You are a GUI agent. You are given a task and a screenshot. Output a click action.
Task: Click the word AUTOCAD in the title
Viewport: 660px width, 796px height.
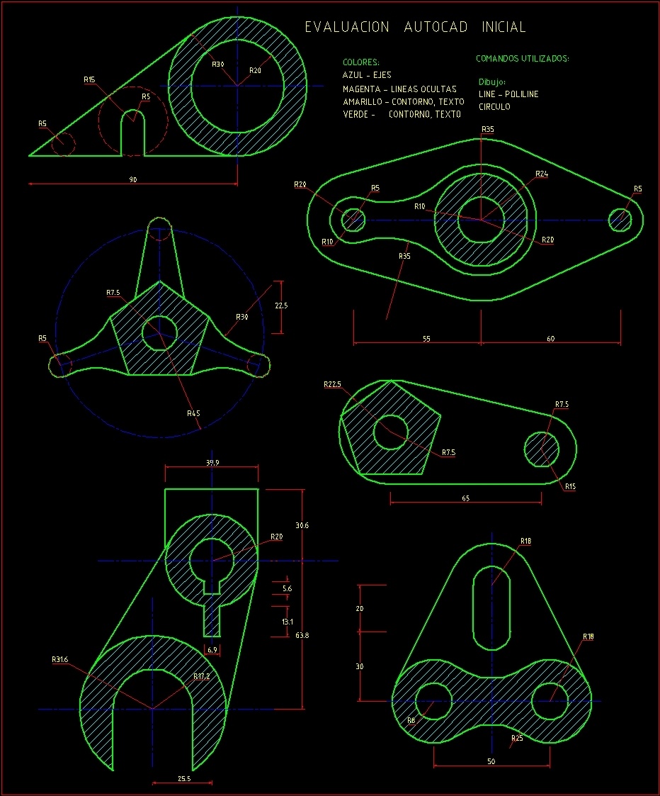(x=436, y=27)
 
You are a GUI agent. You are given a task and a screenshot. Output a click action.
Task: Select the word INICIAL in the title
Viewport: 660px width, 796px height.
(x=503, y=27)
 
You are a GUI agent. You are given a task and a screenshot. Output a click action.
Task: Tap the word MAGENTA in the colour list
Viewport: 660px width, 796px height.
(x=361, y=89)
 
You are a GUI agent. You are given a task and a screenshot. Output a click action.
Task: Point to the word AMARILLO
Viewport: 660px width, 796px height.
(x=362, y=101)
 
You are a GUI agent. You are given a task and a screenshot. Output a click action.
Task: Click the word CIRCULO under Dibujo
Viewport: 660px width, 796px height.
(x=494, y=106)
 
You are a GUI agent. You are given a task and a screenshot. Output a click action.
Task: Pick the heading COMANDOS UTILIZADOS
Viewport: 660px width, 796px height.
(x=523, y=58)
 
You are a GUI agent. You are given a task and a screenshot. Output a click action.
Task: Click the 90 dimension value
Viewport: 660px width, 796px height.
(x=133, y=179)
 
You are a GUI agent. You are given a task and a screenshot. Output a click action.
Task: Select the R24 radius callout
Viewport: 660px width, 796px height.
(x=542, y=174)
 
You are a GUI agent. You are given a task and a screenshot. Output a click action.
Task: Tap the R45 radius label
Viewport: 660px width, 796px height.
(x=193, y=413)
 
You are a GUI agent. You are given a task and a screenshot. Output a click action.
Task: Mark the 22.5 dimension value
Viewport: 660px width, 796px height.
(x=281, y=305)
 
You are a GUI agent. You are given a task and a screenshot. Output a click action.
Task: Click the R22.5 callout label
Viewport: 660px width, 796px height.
(x=332, y=384)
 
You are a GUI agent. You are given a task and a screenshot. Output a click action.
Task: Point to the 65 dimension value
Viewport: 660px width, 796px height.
(x=466, y=498)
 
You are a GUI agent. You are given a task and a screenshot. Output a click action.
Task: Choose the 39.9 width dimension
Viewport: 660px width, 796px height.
(x=212, y=462)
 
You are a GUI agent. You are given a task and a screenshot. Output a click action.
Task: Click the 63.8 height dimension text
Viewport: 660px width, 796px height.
(x=302, y=635)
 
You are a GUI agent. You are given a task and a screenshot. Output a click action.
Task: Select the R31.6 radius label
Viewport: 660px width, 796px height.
(x=60, y=659)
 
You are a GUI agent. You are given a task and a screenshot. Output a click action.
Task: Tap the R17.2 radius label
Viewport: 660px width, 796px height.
(x=201, y=676)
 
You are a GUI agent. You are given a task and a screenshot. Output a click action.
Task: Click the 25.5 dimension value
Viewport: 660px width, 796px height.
(x=184, y=778)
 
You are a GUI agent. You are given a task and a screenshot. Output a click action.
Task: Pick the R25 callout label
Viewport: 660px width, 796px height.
(x=517, y=738)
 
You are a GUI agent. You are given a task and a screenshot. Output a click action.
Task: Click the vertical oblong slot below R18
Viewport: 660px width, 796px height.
(x=491, y=607)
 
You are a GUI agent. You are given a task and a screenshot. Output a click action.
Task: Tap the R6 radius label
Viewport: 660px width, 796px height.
(x=411, y=720)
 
